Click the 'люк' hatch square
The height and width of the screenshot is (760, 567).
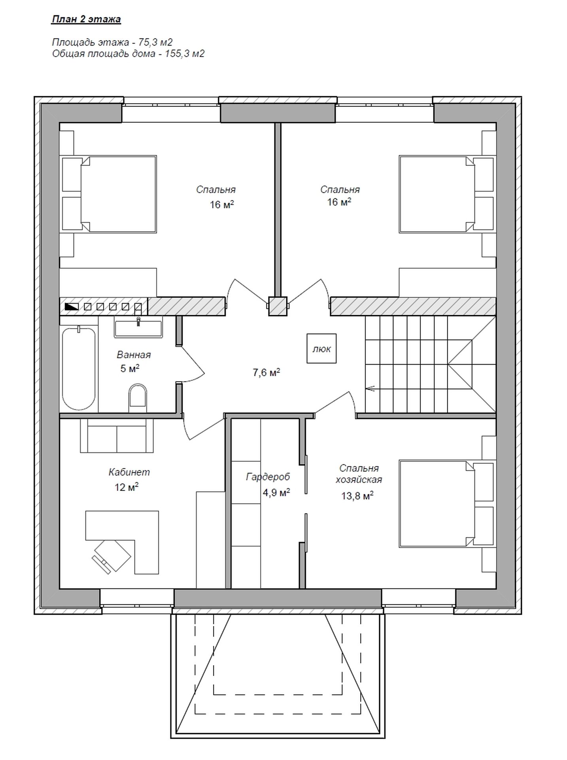321,348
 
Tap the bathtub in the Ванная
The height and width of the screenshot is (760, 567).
79,368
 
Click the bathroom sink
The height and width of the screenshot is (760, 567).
138,327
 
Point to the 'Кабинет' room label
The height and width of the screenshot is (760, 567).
129,472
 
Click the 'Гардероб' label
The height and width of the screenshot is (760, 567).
268,477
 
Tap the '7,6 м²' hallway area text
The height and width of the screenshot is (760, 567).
266,373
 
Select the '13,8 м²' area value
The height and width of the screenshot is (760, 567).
357,496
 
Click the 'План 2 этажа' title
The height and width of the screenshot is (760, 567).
86,19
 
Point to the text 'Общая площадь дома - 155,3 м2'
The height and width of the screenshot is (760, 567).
129,54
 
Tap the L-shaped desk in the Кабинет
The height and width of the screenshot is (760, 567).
122,542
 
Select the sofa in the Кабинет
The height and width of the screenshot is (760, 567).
117,435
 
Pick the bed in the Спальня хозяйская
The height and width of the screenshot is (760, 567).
447,503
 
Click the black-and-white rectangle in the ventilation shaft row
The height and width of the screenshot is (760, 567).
71,306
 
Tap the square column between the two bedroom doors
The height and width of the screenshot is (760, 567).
278,306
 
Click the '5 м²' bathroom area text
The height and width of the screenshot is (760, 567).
130,369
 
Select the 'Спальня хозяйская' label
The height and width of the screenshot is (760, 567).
359,474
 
